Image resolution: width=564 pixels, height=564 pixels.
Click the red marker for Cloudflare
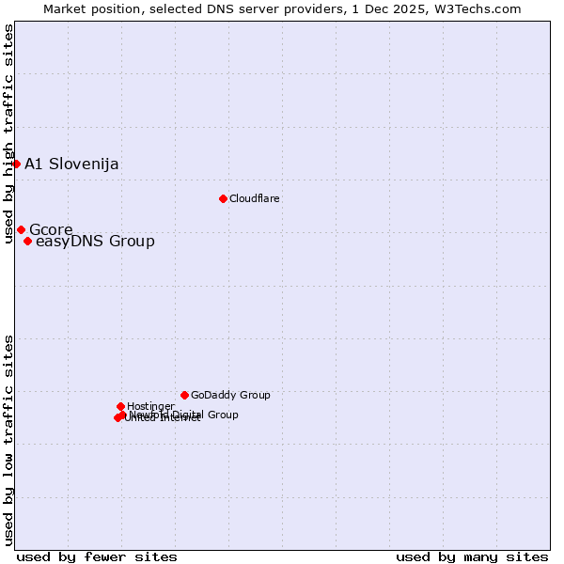point(223,198)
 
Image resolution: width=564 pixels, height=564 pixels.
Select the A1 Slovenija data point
point(16,164)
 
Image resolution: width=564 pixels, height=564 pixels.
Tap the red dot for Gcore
point(21,229)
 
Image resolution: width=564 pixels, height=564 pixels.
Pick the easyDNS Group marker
point(27,241)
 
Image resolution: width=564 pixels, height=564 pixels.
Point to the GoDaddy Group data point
point(184,395)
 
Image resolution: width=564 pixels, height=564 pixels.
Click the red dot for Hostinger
point(120,406)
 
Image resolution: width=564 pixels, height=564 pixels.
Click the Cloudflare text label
point(254,198)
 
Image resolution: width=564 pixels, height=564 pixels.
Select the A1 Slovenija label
point(71,164)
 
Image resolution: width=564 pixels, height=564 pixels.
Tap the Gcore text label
point(51,229)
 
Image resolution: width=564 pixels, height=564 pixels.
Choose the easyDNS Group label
point(95,242)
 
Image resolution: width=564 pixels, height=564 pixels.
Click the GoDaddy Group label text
point(230,396)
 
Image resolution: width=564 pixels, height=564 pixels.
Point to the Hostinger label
point(150,406)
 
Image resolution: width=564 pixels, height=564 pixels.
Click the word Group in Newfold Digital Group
point(222,415)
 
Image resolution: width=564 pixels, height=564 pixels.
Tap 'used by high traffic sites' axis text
point(8,133)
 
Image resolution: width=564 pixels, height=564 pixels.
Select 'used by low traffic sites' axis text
point(8,440)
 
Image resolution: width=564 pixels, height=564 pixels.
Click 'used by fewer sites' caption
point(97,556)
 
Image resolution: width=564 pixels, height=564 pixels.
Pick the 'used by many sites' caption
point(472,556)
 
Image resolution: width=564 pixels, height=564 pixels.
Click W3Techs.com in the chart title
point(482,8)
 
